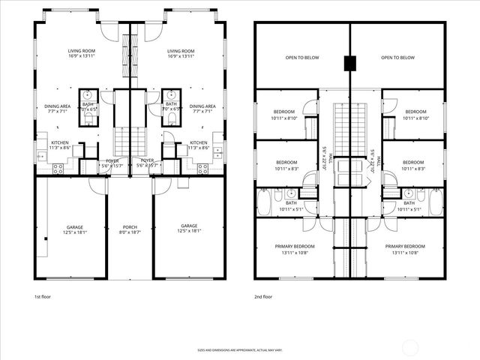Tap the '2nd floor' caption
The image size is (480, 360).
pos(263,296)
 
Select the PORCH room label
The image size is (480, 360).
pos(130,227)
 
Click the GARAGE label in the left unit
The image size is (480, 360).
pos(74,226)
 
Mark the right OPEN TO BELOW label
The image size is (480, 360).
pos(397,58)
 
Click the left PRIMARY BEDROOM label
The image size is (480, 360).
pos(294,246)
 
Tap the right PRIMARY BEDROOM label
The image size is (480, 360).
pos(406,246)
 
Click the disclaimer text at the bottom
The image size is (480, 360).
pos(240,350)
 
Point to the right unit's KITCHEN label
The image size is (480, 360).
pos(198,142)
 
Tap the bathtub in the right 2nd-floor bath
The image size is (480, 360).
pos(436,202)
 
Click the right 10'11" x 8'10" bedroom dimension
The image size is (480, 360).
pos(413,118)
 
